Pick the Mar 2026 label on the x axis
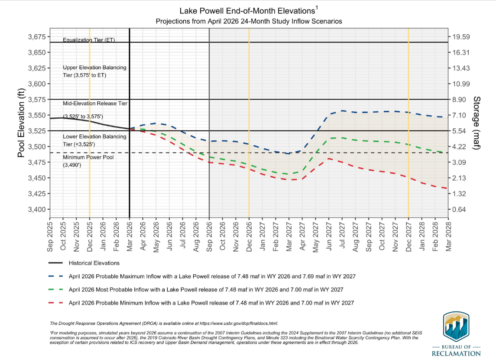pos(130,236)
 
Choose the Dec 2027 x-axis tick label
pos(408,236)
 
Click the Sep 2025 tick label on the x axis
pos(50,236)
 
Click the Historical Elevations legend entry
pos(94,263)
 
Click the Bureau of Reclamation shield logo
pos(456,328)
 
